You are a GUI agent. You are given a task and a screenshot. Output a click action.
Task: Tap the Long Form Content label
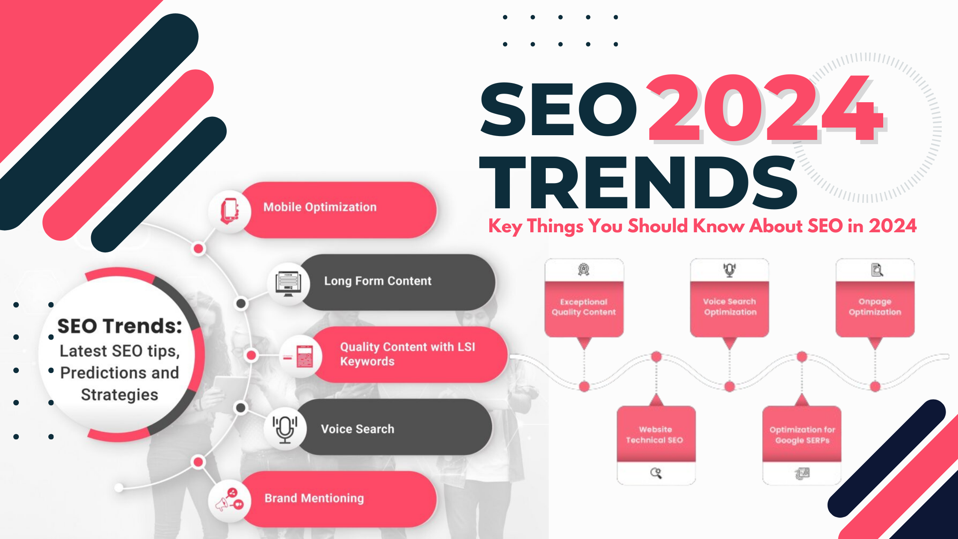coord(378,281)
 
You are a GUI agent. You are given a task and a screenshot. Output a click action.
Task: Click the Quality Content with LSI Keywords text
coord(408,354)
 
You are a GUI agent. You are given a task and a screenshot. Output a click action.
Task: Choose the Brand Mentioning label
coord(314,498)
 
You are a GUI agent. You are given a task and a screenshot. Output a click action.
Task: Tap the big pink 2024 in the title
coord(766,109)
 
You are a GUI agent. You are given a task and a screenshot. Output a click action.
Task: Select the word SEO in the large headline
coord(559,109)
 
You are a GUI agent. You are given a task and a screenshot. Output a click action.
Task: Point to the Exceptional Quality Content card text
coord(584,307)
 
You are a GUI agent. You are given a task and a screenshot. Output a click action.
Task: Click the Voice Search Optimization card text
coord(730,307)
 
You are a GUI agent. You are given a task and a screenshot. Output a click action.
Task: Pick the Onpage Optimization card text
coord(875,307)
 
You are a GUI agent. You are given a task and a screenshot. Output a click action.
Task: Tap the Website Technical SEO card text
coord(655,435)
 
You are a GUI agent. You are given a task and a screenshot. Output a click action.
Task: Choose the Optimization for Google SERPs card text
coord(802,435)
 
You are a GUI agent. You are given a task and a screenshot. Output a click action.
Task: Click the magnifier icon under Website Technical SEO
coord(656,473)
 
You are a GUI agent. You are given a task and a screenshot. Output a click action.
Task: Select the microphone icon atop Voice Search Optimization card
coord(730,270)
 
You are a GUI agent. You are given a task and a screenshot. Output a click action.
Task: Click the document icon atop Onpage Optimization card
coord(877,270)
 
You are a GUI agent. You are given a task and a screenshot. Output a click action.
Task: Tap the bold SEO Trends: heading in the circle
coord(120,326)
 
